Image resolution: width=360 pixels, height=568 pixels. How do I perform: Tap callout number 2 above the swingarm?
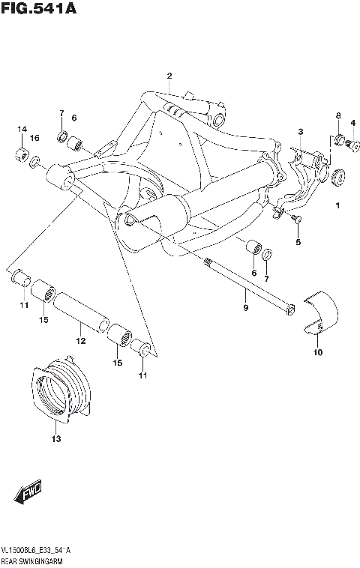(169, 76)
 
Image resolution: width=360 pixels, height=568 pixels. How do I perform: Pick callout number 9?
(244, 308)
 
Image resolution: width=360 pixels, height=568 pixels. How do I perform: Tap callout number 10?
(316, 352)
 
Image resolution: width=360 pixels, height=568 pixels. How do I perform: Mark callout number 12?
(81, 341)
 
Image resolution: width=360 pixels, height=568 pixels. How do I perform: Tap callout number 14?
(22, 130)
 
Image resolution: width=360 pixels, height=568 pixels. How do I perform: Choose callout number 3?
(299, 132)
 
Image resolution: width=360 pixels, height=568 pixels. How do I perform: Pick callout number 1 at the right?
(337, 205)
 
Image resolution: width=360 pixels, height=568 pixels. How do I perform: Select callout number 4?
(352, 123)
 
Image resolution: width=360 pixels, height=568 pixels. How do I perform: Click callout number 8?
(338, 115)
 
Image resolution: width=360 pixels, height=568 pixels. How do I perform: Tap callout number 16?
(34, 139)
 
